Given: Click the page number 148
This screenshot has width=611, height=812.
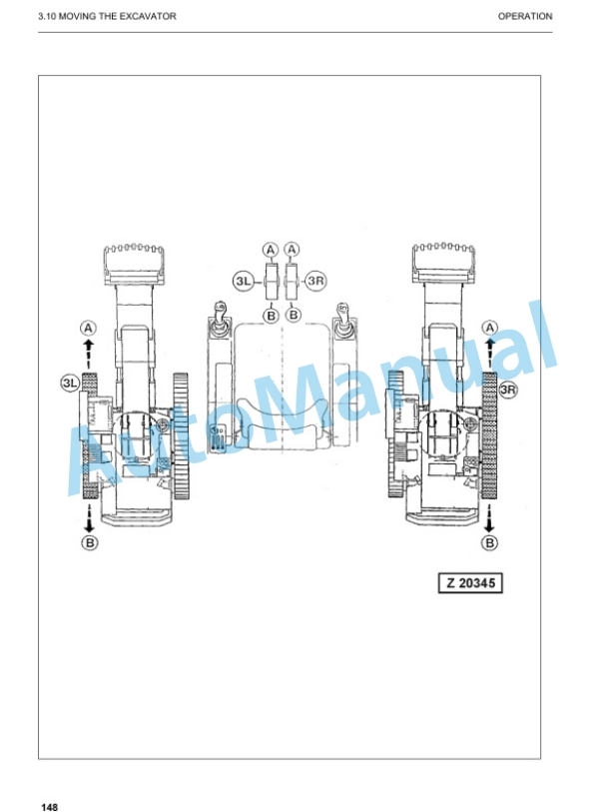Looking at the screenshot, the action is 50,806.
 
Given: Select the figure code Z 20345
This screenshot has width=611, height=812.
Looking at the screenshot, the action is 470,583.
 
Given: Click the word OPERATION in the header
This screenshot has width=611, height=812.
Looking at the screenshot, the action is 524,16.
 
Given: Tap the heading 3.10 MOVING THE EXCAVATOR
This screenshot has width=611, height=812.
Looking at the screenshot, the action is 107,16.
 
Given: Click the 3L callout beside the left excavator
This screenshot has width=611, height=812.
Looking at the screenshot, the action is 69,384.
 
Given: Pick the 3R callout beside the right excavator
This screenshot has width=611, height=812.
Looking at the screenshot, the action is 508,389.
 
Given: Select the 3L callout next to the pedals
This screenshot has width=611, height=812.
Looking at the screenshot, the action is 243,282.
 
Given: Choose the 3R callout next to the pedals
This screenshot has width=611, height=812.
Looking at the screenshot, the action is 315,282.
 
